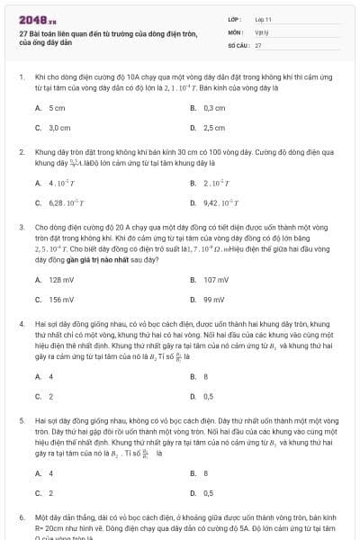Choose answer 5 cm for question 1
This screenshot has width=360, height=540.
[56, 107]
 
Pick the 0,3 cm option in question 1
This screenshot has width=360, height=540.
[213, 107]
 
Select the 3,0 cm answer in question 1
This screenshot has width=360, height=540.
[58, 128]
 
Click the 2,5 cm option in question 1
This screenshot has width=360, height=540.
[214, 128]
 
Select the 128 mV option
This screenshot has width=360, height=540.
[60, 279]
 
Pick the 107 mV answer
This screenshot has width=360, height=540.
[216, 279]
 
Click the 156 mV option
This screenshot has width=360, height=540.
[60, 300]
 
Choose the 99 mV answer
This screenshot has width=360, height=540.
[214, 300]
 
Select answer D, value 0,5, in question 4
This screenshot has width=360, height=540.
[209, 396]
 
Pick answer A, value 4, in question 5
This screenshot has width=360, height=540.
[50, 472]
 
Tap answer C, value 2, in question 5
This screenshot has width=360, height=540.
[50, 492]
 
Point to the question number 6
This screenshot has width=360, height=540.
[22, 519]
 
